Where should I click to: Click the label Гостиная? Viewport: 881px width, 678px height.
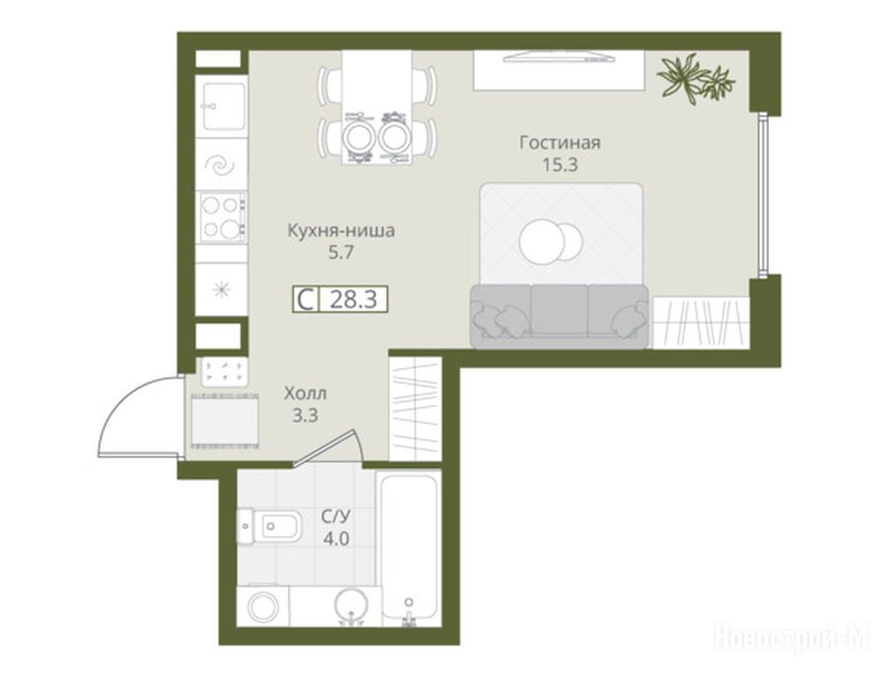[560, 143]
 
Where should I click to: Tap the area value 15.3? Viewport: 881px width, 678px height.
[560, 165]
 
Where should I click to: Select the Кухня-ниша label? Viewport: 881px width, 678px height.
[341, 231]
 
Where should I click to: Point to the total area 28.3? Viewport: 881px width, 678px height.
[353, 299]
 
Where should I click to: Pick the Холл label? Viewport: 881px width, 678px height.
[305, 393]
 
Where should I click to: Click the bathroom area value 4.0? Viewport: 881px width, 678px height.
[336, 539]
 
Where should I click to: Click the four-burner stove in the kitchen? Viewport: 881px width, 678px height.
[221, 217]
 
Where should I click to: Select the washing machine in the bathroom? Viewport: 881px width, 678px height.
[263, 606]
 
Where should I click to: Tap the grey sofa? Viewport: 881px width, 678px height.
[560, 316]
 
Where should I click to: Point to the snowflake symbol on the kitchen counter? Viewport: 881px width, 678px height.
[222, 290]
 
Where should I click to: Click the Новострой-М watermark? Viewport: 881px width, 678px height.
[791, 637]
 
